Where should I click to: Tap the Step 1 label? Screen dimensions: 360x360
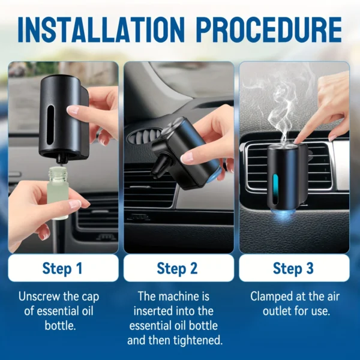pyautogui.click(x=62, y=268)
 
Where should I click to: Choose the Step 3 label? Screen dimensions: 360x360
pyautogui.click(x=293, y=268)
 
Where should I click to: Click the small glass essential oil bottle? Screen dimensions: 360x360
pyautogui.click(x=59, y=192)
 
